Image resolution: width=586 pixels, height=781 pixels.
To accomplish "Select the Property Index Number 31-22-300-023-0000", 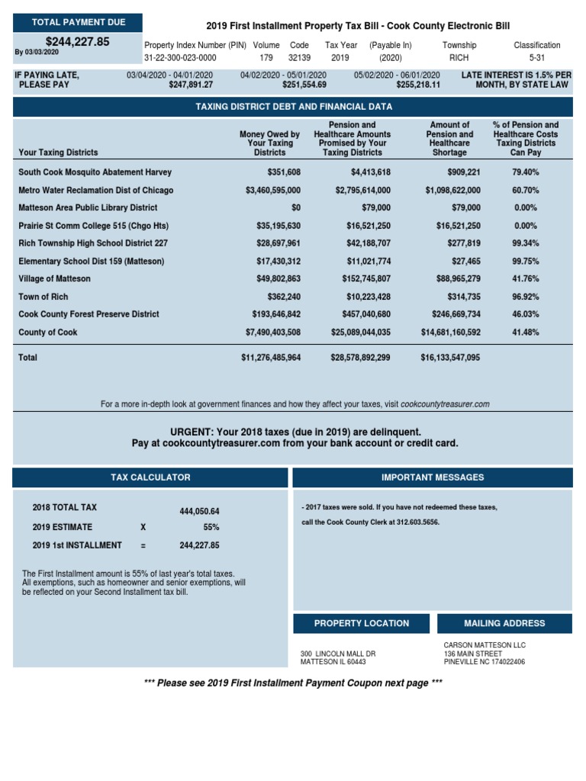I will pos(180,58).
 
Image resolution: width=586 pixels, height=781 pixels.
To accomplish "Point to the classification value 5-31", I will pos(536,58).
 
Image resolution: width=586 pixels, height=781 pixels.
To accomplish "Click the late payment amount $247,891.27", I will pos(190,85).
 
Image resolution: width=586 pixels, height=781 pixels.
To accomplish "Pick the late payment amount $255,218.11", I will pos(418,85).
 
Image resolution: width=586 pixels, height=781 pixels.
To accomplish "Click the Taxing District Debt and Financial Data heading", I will pos(292,107).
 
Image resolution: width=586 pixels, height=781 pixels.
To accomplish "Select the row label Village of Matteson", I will pos(54,279).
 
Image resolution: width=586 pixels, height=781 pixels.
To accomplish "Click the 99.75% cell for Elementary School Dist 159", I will pos(526,261).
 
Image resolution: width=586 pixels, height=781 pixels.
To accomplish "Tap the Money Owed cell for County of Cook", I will pos(272,333).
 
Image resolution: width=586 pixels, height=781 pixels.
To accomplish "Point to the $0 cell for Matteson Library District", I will pos(295,207).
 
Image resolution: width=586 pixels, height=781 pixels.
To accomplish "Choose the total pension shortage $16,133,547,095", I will pos(450,358).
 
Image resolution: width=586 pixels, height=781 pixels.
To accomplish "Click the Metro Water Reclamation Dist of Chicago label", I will pos(95,190).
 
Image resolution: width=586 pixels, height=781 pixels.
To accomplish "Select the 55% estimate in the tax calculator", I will pos(211,527).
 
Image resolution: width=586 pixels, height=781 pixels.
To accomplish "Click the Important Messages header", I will pos(432,477).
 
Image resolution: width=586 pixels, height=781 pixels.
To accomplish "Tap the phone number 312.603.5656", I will pos(416,522).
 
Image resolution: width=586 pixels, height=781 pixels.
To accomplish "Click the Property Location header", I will pos(362,623).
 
